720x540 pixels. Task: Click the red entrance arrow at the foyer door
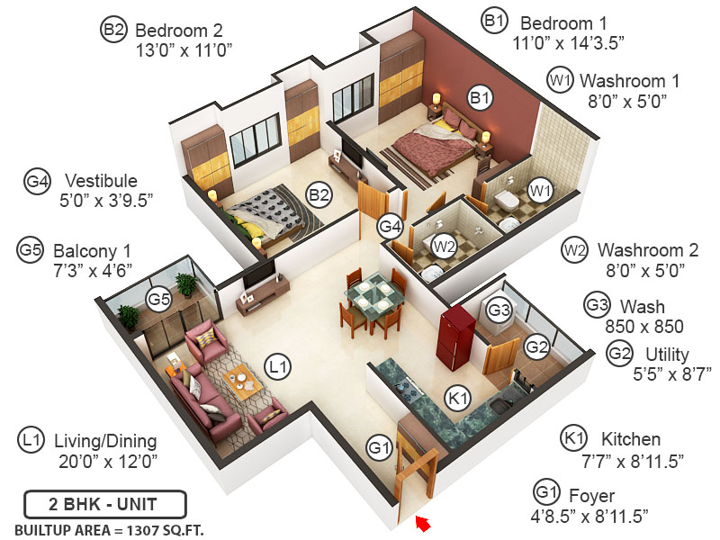click(x=421, y=523)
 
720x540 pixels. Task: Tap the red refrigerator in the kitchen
click(x=456, y=337)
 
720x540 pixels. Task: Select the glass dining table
click(x=371, y=294)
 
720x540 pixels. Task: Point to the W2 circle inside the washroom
click(x=443, y=245)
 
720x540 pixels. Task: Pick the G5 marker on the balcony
click(x=159, y=299)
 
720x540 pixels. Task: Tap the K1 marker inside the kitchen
click(x=459, y=397)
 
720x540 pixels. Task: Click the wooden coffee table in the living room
click(x=241, y=382)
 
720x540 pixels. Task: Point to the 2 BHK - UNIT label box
click(x=104, y=502)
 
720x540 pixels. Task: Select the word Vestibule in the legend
click(x=101, y=180)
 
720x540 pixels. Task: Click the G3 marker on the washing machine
click(x=499, y=310)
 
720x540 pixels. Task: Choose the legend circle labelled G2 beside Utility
click(x=619, y=353)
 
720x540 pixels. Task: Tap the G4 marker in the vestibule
click(x=390, y=226)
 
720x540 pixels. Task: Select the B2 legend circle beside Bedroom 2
click(x=113, y=30)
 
